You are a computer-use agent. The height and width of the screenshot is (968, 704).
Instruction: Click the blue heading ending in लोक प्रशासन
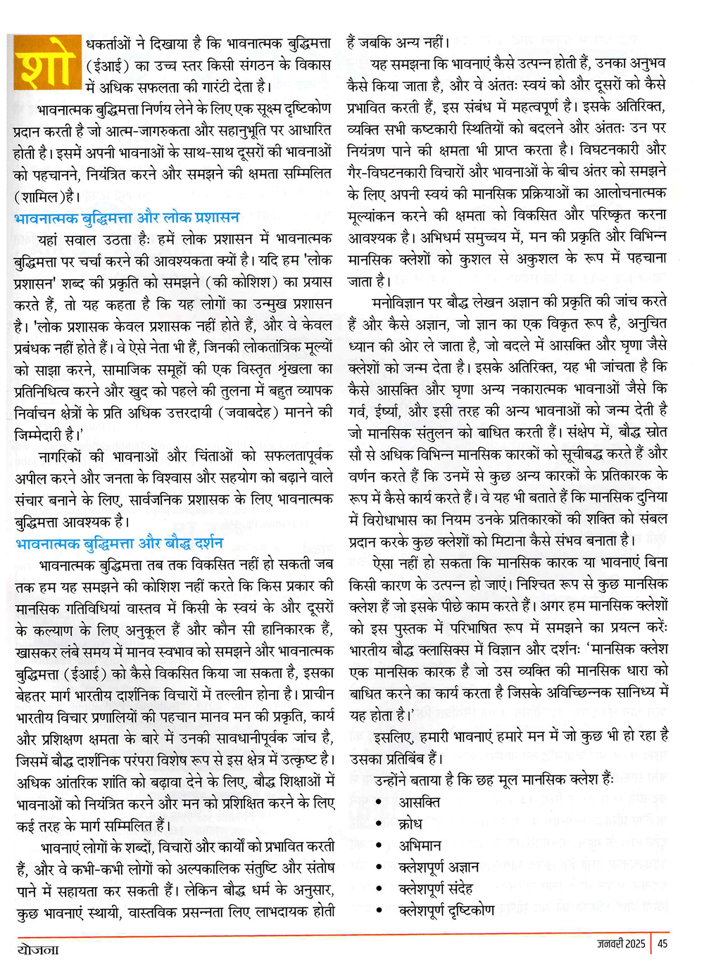tap(127, 217)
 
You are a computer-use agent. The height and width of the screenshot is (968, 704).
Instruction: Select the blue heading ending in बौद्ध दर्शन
tap(119, 543)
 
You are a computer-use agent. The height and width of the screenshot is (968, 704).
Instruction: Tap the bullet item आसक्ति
tap(419, 802)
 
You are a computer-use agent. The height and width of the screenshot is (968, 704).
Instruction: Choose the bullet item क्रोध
tap(410, 823)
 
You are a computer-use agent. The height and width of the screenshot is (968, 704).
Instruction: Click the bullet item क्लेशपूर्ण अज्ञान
tap(439, 867)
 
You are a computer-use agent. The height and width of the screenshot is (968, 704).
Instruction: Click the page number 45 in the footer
tap(662, 944)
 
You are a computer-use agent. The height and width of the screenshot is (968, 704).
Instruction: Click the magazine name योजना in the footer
tap(38, 950)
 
